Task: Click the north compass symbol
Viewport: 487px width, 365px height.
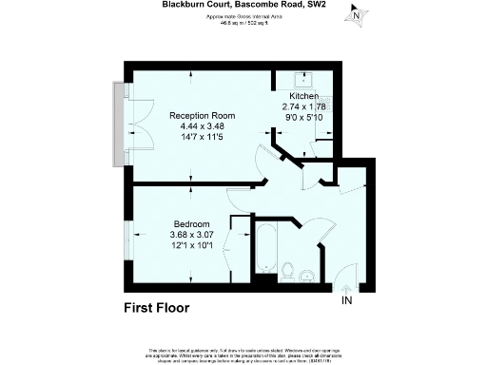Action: (356, 15)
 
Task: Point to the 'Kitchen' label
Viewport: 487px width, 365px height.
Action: (305, 97)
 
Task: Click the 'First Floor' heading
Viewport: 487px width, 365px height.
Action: (157, 308)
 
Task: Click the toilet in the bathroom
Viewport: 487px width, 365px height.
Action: (287, 276)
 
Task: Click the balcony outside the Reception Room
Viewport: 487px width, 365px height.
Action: (118, 123)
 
